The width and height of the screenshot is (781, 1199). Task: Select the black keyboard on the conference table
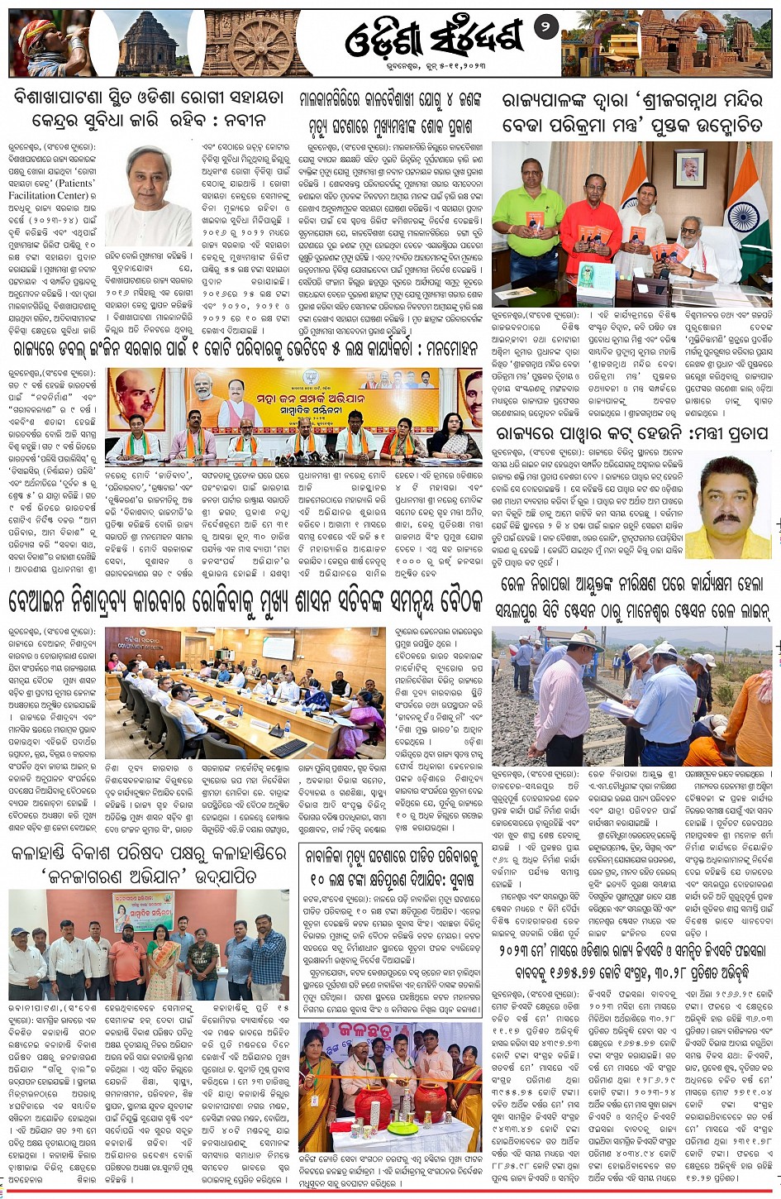[x=289, y=748]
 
